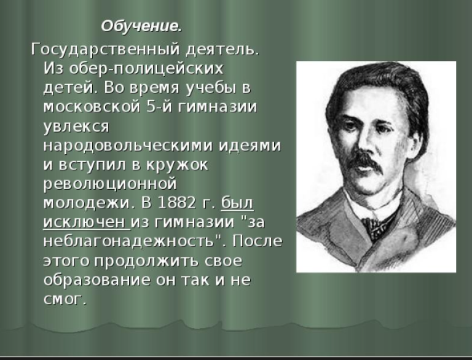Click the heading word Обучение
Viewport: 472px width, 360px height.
tap(141, 26)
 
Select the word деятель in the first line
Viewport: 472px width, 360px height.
tap(222, 49)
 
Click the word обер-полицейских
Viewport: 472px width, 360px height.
tap(146, 68)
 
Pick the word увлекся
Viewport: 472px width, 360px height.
tap(76, 126)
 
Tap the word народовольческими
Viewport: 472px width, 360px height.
tap(129, 145)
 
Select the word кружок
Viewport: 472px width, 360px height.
tap(177, 165)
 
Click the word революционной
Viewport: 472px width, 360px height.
tap(110, 184)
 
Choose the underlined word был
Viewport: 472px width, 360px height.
tap(237, 203)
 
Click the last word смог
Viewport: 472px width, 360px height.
tap(65, 299)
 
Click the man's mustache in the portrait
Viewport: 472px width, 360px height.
tap(367, 162)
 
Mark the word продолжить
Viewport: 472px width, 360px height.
tap(146, 261)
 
